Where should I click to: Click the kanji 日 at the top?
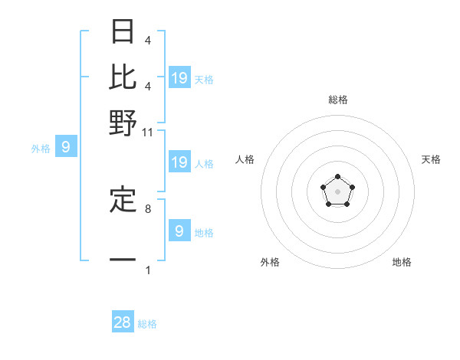pyautogui.click(x=123, y=32)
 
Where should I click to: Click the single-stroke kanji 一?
pyautogui.click(x=123, y=260)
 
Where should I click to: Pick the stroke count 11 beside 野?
pyautogui.click(x=147, y=132)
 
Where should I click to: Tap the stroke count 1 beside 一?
pyautogui.click(x=147, y=270)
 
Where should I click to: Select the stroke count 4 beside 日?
pyautogui.click(x=147, y=40)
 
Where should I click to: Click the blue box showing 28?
pyautogui.click(x=123, y=322)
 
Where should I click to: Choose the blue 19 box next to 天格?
pyautogui.click(x=179, y=77)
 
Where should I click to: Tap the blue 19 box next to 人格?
pyautogui.click(x=179, y=162)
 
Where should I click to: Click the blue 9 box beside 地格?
pyautogui.click(x=179, y=231)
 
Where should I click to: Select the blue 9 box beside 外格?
pyautogui.click(x=65, y=147)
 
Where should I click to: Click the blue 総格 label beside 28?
pyautogui.click(x=147, y=324)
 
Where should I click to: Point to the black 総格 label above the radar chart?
pyautogui.click(x=337, y=100)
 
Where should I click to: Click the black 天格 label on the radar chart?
pyautogui.click(x=431, y=159)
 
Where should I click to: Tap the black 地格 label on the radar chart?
pyautogui.click(x=402, y=262)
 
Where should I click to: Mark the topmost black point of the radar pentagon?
pyautogui.click(x=337, y=177)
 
